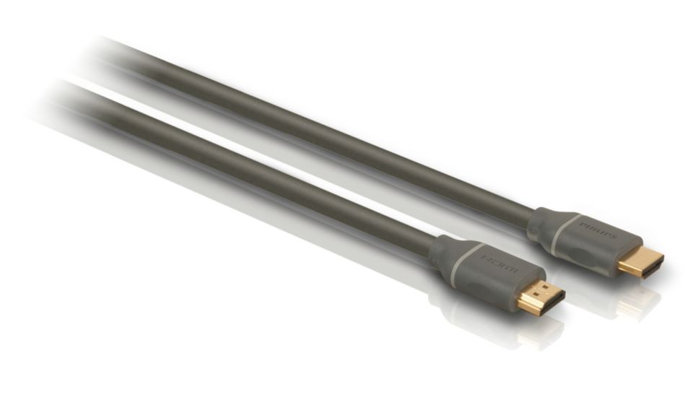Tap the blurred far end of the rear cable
click(108, 51)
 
